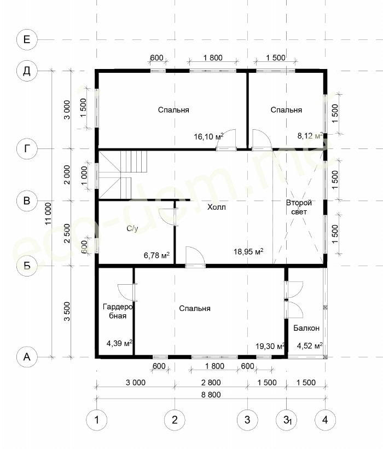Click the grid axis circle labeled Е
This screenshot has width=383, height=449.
pos(27,39)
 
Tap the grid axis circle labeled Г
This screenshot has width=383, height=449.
pos(27,148)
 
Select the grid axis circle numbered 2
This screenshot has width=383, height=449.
pos(175,420)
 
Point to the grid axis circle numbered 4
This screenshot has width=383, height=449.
pos(325,420)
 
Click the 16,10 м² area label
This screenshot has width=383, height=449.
pos(208,136)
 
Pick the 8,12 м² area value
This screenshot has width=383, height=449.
pos(310,135)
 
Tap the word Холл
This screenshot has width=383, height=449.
pos(216,207)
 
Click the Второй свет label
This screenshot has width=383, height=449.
pos(299,208)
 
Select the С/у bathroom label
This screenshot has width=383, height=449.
pos(132,228)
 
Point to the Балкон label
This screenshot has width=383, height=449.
pos(306,328)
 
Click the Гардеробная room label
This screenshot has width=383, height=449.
pos(118,311)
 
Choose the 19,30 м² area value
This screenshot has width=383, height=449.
pos(270,346)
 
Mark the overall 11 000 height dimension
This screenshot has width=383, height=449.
pos(48,214)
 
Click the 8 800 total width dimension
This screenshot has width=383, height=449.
pos(211,395)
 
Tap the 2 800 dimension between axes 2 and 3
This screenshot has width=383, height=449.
pos(211,383)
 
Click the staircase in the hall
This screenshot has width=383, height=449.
pos(123,175)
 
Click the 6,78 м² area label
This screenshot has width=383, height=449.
pos(156,255)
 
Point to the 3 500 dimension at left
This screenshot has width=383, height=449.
pos(67,311)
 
